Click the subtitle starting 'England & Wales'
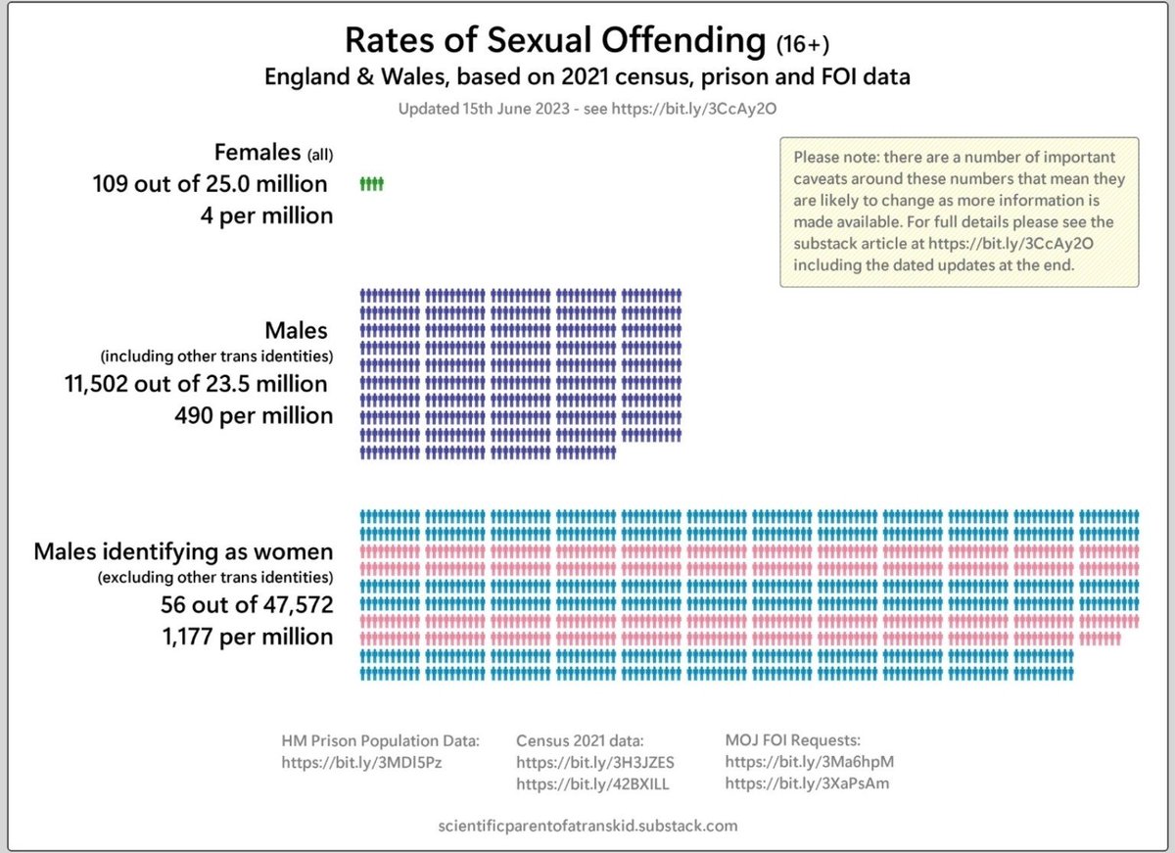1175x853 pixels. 587,76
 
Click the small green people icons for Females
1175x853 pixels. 372,183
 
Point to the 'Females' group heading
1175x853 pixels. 258,152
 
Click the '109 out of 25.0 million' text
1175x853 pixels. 211,183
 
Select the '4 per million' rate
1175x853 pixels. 267,214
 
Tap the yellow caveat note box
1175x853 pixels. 959,212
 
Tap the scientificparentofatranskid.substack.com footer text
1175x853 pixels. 587,826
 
